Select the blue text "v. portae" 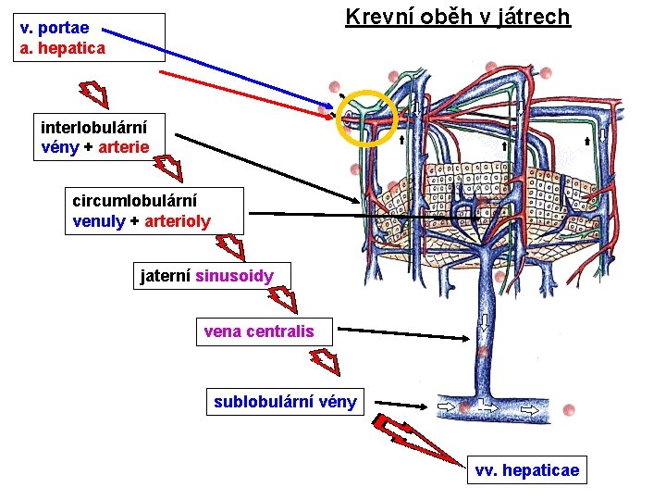coord(55,28)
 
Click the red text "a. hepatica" coord(63,46)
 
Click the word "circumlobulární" coord(134,200)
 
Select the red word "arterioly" coord(178,221)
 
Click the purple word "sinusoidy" coord(234,276)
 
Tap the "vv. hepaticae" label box coord(526,470)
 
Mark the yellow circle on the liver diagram coord(367,118)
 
